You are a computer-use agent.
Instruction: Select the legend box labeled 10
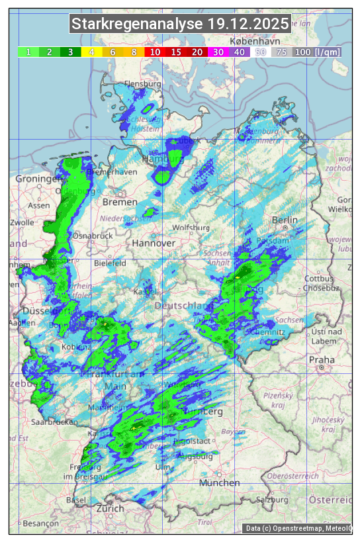point(155,52)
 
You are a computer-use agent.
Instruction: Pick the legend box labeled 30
point(218,52)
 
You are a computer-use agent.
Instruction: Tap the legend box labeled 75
point(281,52)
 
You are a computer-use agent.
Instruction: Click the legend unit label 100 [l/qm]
point(308,52)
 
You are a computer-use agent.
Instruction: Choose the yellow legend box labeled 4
point(91,52)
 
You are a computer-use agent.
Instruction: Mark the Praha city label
point(317,359)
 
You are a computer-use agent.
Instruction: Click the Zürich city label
point(110,508)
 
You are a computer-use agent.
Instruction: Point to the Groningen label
point(38,179)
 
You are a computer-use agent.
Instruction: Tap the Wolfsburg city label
point(191,228)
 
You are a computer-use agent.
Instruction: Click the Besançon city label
point(40,523)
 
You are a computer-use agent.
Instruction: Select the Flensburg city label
point(143,85)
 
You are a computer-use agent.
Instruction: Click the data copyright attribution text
point(297,528)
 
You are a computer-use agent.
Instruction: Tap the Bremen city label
point(120,202)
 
